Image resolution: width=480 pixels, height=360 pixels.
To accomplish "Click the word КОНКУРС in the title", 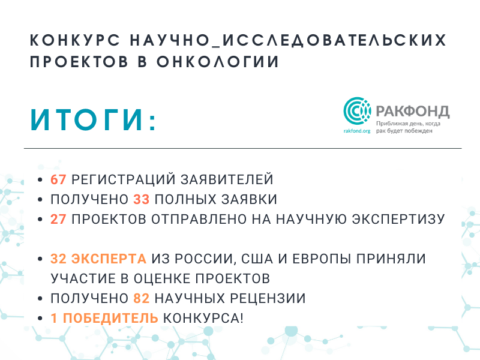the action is (x=75, y=40).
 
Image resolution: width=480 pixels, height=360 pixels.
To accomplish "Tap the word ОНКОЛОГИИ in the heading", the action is (x=218, y=62).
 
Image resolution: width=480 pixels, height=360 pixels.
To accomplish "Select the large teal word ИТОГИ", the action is (x=87, y=120).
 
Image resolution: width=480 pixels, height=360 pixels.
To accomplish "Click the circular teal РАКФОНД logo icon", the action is (x=357, y=111).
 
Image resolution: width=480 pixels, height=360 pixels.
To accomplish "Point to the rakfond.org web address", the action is (x=357, y=131).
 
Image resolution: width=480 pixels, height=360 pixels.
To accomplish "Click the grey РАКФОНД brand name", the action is (x=413, y=111).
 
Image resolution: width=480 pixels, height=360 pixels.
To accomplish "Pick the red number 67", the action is (x=58, y=179).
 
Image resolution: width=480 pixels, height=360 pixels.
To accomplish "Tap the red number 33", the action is (x=142, y=199).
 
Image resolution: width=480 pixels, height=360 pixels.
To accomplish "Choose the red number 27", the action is (x=58, y=219).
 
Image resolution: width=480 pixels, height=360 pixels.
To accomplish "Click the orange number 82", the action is (x=142, y=298).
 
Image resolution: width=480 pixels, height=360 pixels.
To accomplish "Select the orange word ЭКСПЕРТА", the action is (x=109, y=259).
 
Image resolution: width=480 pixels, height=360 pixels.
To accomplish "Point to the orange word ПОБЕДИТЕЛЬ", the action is (x=110, y=319).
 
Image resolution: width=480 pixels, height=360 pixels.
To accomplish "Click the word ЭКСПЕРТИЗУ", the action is (x=398, y=219).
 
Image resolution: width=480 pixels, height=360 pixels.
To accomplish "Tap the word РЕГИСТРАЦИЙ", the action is (x=124, y=179).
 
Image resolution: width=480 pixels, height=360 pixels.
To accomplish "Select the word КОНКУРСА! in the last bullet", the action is (x=203, y=319).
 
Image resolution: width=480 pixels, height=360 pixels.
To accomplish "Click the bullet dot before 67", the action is (x=40, y=179).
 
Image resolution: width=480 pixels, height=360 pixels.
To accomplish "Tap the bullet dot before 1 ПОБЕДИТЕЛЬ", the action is (x=40, y=319).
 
